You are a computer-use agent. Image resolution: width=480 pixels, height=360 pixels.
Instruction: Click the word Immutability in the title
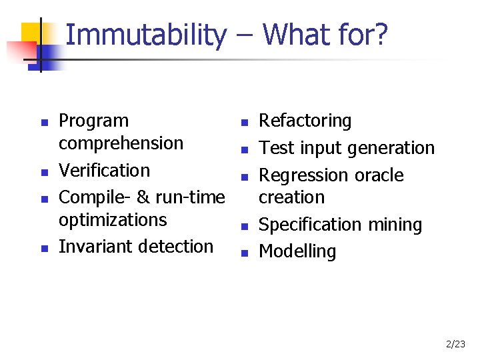click(146, 35)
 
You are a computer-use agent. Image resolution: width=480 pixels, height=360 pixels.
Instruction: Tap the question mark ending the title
click(381, 35)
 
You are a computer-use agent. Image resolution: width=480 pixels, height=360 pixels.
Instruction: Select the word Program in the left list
click(94, 121)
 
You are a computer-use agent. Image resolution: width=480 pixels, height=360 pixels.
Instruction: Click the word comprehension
click(121, 143)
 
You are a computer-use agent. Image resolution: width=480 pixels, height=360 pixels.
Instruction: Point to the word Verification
click(105, 171)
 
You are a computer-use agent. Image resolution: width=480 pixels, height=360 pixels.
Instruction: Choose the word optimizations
click(113, 220)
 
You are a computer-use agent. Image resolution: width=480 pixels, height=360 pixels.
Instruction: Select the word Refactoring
click(305, 121)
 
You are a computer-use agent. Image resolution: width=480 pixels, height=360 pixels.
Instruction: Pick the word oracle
click(379, 175)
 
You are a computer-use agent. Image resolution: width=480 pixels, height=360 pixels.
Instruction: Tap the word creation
click(291, 197)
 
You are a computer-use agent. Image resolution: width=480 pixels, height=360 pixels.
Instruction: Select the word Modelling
click(297, 252)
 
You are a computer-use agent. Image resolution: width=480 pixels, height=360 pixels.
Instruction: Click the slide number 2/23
click(456, 345)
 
